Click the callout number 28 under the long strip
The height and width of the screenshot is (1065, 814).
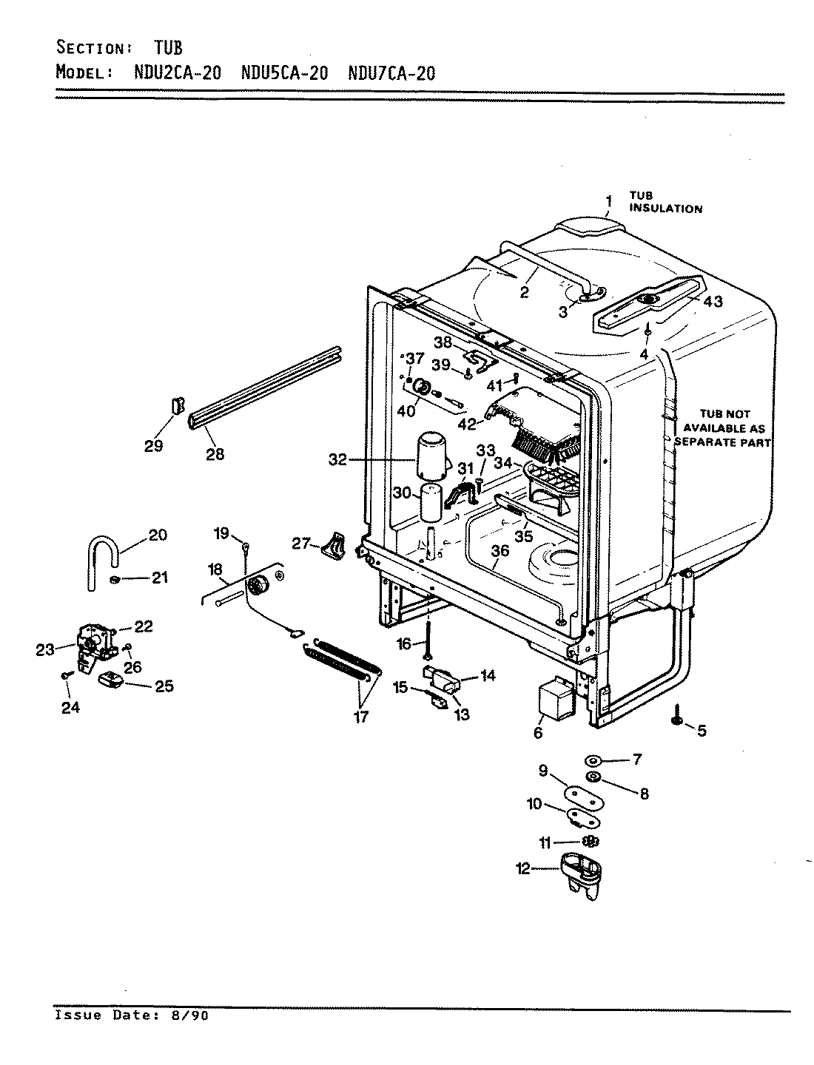215,454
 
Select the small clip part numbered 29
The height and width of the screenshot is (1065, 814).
177,407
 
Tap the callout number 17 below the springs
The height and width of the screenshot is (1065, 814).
360,717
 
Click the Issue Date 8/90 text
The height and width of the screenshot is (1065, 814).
132,1015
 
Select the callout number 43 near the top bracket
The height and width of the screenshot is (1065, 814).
712,302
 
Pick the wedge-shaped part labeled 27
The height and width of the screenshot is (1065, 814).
335,546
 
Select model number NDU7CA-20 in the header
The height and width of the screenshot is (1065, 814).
391,73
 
